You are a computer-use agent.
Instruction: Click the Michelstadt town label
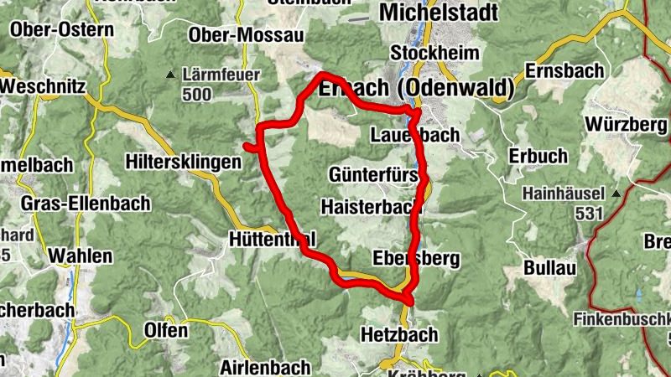[x=439, y=12]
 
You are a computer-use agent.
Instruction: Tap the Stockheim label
[x=435, y=53]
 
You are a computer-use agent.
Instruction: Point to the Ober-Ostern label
[x=61, y=30]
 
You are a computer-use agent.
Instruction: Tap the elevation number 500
[x=196, y=94]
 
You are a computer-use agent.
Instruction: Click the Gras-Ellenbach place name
[x=86, y=203]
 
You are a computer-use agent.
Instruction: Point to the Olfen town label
[x=166, y=330]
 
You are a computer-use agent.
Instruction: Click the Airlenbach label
[x=265, y=367]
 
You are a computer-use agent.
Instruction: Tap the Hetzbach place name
[x=399, y=334]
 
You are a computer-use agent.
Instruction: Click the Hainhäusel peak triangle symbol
[x=616, y=193]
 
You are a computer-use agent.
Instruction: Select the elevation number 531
[x=590, y=213]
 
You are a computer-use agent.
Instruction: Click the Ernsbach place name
[x=564, y=70]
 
